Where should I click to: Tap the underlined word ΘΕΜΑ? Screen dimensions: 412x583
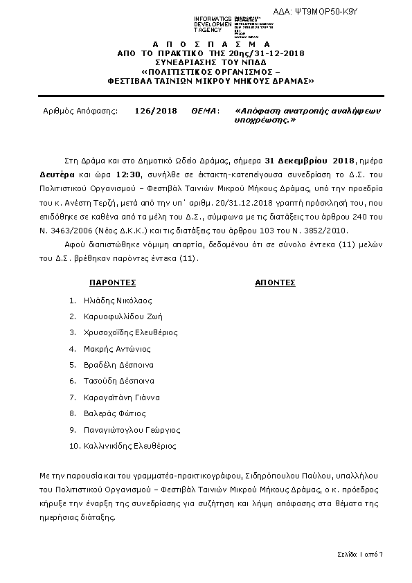[205, 111]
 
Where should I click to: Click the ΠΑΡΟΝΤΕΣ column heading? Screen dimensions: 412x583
[112, 282]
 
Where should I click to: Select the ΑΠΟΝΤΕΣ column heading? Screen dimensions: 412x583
[275, 282]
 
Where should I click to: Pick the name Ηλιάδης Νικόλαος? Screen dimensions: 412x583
[116, 301]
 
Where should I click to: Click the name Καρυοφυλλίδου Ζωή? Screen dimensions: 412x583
[120, 316]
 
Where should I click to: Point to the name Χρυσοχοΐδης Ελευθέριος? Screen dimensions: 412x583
[129, 332]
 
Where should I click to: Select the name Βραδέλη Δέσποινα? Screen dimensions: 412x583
[117, 365]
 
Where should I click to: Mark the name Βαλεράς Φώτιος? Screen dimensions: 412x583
[114, 413]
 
